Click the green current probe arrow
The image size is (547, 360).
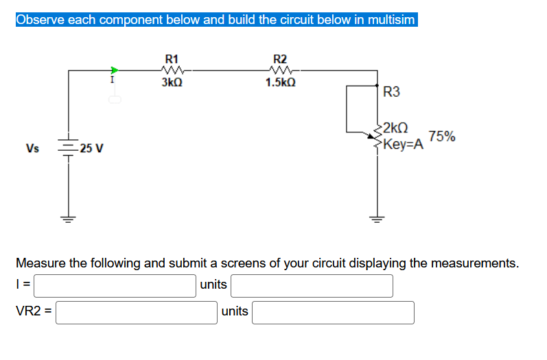click(115, 69)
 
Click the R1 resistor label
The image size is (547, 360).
click(172, 58)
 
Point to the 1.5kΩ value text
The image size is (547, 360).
click(280, 83)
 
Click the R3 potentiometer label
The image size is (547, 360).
click(391, 92)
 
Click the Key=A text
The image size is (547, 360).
click(404, 144)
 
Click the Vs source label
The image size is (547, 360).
click(32, 148)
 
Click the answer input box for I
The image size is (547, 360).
click(115, 285)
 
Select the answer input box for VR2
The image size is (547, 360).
click(137, 312)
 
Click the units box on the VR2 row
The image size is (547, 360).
click(333, 312)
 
